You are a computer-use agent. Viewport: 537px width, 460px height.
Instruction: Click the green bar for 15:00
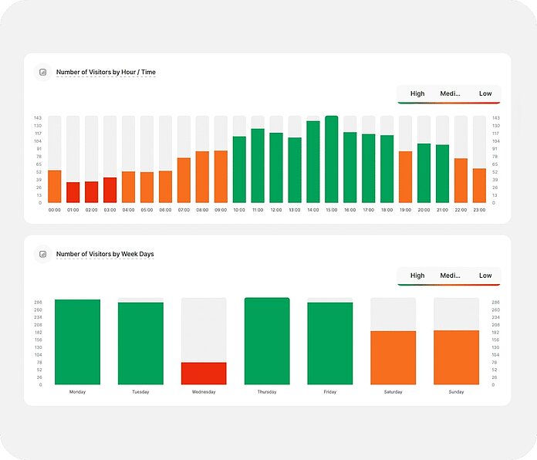[x=332, y=160]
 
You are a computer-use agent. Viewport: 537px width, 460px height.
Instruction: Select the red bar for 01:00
[x=73, y=193]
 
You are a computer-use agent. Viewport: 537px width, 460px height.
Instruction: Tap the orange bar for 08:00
[x=202, y=178]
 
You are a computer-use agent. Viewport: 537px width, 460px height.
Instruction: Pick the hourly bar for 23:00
[x=479, y=186]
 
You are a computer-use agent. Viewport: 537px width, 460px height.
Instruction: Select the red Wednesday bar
[x=204, y=374]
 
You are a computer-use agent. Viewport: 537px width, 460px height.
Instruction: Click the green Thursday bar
[x=267, y=341]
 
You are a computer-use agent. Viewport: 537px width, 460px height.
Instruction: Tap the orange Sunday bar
[x=456, y=357]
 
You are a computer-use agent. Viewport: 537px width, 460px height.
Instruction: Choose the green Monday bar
[x=77, y=342]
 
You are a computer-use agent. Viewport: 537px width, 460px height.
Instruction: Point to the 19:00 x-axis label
[x=405, y=210]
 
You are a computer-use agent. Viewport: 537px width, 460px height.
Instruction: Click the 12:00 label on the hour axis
[x=276, y=210]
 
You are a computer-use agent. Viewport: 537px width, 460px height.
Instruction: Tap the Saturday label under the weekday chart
[x=393, y=392]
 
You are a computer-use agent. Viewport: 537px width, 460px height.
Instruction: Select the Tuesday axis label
[x=140, y=392]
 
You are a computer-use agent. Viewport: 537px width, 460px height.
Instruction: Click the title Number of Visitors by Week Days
[x=105, y=254]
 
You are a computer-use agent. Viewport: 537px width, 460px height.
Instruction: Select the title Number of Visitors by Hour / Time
[x=106, y=73]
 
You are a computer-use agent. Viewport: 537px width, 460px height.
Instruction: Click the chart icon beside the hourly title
[x=43, y=73]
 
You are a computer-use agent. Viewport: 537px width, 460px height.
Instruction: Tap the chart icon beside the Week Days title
[x=43, y=254]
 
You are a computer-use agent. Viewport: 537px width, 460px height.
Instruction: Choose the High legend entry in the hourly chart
[x=417, y=94]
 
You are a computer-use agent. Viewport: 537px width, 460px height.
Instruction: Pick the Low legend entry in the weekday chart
[x=485, y=276]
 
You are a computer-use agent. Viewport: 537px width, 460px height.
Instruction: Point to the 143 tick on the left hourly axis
[x=38, y=118]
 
